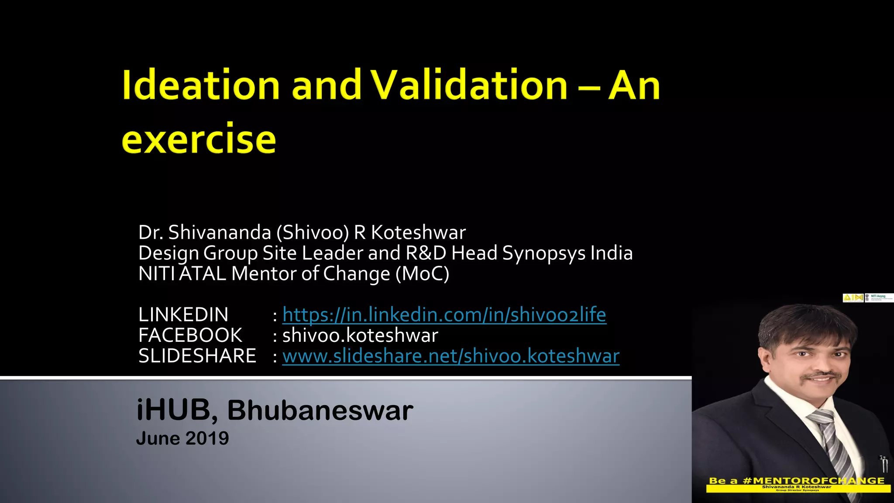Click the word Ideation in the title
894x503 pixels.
click(201, 85)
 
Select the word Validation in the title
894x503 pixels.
click(469, 85)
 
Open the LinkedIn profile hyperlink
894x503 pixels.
click(444, 315)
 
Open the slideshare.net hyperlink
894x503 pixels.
click(450, 356)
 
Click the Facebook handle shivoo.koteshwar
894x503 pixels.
click(360, 335)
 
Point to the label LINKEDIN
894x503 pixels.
click(183, 315)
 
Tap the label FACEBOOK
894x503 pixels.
click(190, 335)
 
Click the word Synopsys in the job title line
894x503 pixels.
click(543, 253)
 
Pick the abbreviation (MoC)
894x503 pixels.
click(422, 274)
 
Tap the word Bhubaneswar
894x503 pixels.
click(320, 410)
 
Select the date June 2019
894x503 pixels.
click(182, 438)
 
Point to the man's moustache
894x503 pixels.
click(822, 376)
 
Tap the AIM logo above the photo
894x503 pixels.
click(853, 298)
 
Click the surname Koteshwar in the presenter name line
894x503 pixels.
click(418, 232)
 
